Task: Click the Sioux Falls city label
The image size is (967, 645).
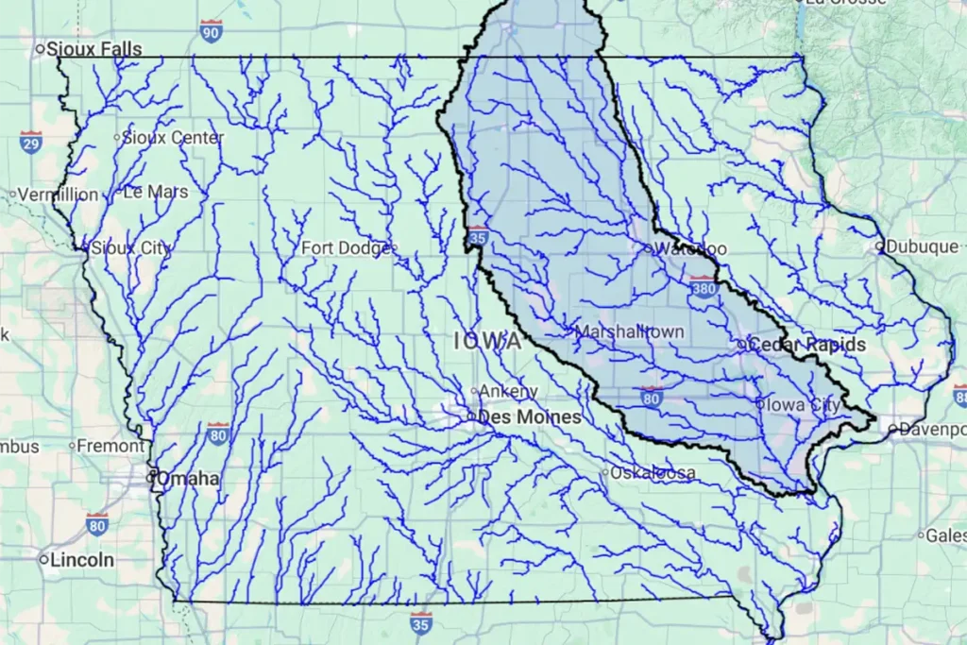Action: pos(94,48)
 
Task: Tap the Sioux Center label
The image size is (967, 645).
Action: pos(174,138)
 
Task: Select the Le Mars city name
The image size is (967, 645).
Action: pos(156,192)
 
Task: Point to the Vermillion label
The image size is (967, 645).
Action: pos(58,195)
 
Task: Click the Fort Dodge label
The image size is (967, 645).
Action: pos(345,248)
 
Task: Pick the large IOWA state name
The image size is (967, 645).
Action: pos(486,342)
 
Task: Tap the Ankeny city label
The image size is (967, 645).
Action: pos(508,391)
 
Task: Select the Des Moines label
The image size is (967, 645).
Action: pos(529,416)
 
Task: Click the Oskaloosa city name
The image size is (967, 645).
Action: pos(653,472)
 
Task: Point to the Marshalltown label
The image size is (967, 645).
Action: pos(629,332)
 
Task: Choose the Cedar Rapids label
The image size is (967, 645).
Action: pos(806,345)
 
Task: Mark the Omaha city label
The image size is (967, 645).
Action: pos(188,479)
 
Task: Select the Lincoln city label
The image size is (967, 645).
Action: pos(82,560)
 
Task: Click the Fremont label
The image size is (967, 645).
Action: pos(110,445)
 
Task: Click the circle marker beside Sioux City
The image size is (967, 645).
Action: pos(84,248)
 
